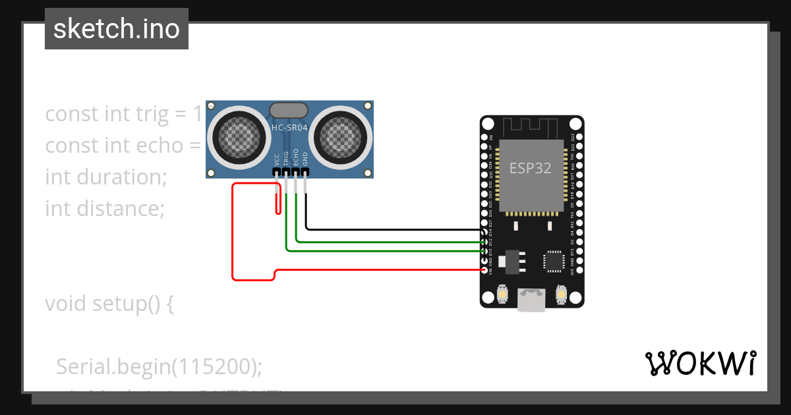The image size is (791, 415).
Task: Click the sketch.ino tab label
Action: click(x=117, y=29)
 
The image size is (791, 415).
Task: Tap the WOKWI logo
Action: click(x=700, y=363)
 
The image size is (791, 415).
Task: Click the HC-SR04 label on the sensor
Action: click(x=289, y=127)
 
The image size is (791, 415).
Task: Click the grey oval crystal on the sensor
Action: click(x=289, y=109)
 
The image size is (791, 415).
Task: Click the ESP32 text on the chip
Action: click(x=530, y=167)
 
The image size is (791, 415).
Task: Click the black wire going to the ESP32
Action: click(x=395, y=230)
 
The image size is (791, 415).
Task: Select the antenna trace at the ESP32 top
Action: click(x=531, y=125)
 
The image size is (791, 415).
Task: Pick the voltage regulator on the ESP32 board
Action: click(x=512, y=262)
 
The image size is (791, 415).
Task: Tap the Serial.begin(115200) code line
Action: click(x=159, y=366)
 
